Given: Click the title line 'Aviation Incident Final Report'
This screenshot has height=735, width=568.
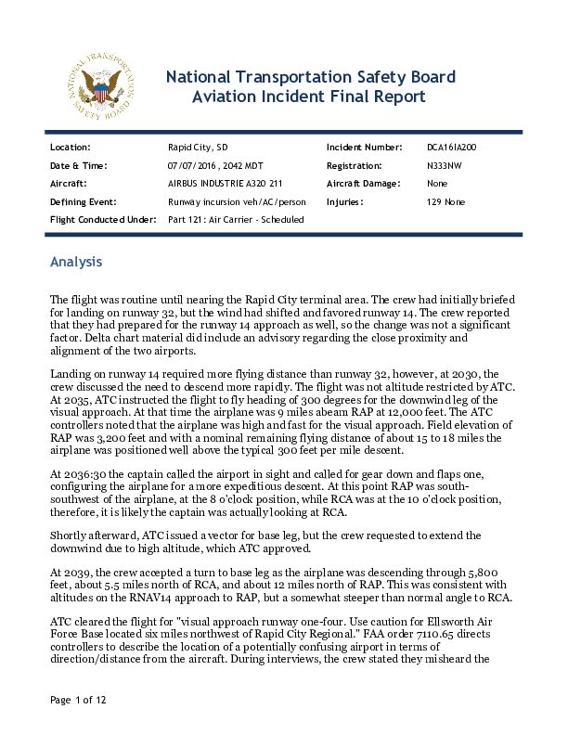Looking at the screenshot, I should pos(308,97).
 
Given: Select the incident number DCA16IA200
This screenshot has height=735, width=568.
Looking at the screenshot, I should pos(451,148).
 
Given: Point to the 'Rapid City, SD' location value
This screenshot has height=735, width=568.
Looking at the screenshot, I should pos(197,148).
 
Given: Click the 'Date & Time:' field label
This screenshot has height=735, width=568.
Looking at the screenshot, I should pos(79,165).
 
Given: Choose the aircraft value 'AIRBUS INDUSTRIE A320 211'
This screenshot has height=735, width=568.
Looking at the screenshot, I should pos(225,184).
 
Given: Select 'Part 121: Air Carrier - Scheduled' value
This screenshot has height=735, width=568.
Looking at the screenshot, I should pos(236,219).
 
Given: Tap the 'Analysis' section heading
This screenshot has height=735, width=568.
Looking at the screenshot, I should pos(76,263).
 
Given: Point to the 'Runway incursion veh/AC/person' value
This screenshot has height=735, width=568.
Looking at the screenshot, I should pos(237,201).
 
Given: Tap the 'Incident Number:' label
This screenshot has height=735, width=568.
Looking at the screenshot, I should pos(364,148).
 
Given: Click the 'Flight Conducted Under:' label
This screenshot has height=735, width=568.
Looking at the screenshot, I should pos(100,219).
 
